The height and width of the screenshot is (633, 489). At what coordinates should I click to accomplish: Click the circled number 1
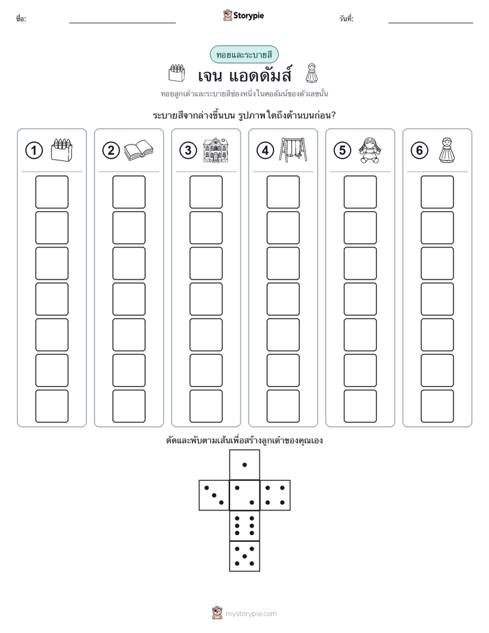point(34,151)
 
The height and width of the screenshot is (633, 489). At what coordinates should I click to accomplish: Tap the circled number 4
point(265,151)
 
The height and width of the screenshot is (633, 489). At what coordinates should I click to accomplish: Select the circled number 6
point(419,151)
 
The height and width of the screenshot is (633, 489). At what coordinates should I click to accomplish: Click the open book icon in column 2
point(138,151)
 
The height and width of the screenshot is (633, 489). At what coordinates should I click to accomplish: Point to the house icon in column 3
point(216,150)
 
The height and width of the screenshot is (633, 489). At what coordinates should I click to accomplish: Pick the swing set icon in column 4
point(293,150)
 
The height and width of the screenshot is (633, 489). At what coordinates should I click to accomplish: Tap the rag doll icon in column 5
point(369,150)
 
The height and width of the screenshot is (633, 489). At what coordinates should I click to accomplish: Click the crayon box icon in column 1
point(62,150)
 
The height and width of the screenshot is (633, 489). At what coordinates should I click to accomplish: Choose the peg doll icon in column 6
point(447,150)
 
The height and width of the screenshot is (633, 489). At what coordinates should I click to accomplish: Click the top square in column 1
point(51,192)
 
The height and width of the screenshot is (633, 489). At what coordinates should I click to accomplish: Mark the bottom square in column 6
point(437,406)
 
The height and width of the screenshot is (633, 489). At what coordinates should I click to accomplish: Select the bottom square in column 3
point(205,406)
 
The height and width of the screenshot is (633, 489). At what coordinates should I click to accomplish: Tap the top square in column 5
point(360,192)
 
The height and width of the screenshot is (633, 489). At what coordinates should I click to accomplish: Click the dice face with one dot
point(244,464)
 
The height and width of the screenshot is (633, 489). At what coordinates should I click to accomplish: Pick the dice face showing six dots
point(244,525)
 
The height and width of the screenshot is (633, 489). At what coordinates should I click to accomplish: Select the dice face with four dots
point(275,495)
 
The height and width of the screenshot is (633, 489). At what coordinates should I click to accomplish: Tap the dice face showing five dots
point(244,556)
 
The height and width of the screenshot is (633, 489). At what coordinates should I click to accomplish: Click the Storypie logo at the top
point(244,15)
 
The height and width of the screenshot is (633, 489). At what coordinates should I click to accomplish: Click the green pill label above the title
point(244,55)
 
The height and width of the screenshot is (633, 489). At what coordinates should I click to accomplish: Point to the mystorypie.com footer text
point(251,614)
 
